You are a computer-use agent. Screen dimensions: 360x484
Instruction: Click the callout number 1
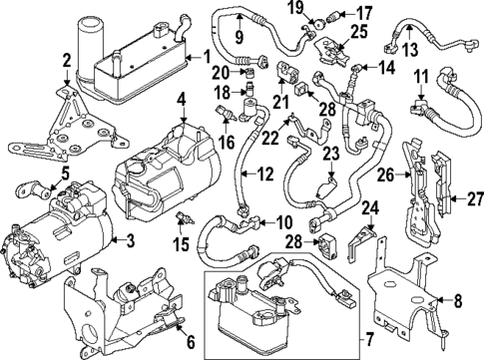click(207, 57)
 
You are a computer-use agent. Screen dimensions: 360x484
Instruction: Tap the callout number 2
click(67, 61)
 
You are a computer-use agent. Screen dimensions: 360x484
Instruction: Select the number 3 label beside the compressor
click(131, 241)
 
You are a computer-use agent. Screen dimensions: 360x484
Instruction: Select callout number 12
click(263, 176)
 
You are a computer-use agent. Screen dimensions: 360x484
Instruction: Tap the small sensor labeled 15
click(179, 219)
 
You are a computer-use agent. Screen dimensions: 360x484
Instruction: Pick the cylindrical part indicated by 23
click(325, 187)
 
